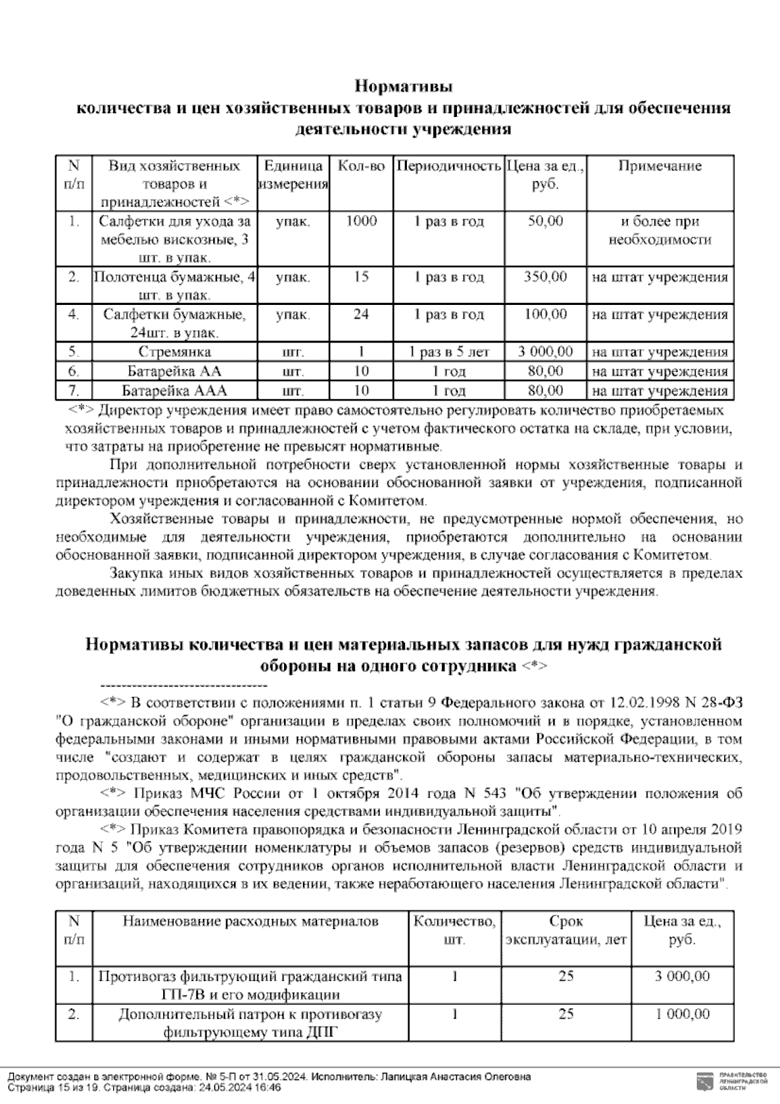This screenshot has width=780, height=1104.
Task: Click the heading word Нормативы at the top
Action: point(403,86)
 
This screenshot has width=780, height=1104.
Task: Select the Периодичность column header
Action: point(448,166)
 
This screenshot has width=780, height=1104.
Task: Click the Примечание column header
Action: point(660,166)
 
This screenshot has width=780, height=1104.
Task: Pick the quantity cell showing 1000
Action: point(361,222)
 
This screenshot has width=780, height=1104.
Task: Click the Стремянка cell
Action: point(174,352)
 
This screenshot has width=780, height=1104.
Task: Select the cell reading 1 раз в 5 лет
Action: point(448,352)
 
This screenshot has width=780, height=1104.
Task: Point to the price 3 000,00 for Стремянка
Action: point(546,352)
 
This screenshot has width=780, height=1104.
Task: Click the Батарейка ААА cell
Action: point(174,391)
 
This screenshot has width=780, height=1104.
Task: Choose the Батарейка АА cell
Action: point(174,372)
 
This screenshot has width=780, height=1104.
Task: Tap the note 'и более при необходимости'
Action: point(660,231)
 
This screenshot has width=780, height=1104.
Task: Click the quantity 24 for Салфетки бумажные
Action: point(361,315)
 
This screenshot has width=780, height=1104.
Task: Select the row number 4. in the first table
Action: point(73,315)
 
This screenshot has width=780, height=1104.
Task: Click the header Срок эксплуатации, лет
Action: point(565,931)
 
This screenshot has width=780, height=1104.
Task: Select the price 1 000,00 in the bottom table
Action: point(682,1014)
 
